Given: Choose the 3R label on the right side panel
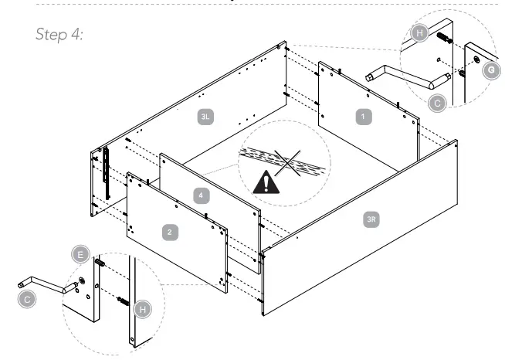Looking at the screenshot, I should [x=372, y=221].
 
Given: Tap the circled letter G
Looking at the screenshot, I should [x=489, y=70].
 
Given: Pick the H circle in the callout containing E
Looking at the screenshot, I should [x=139, y=309].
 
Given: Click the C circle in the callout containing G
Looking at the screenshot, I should [x=436, y=100].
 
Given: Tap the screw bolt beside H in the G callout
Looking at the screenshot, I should [x=444, y=38].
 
